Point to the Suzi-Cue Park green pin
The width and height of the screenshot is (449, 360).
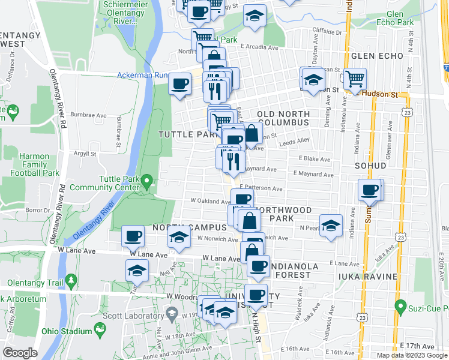point(400,308)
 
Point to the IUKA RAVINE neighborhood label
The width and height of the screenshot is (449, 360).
point(368,276)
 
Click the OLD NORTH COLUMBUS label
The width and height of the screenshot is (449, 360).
point(283,118)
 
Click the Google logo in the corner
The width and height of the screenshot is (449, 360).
point(20,352)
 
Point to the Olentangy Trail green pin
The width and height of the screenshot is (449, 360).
point(71,280)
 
